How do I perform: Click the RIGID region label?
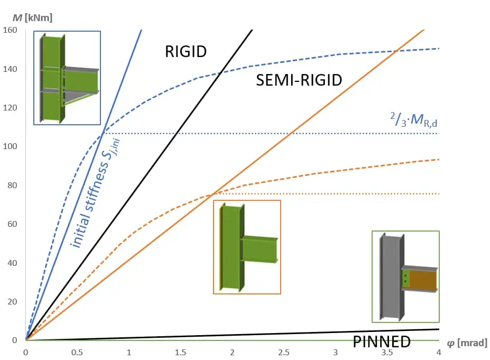(x=186, y=52)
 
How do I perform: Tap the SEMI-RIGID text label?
(x=299, y=80)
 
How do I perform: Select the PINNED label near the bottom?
(x=382, y=341)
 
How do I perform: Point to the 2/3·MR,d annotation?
(x=413, y=119)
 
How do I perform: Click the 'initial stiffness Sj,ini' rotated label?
(x=95, y=193)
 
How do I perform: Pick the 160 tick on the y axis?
(x=10, y=30)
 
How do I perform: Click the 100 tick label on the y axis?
(x=10, y=146)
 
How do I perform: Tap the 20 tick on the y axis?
(x=12, y=301)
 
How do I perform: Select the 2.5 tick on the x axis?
(x=283, y=353)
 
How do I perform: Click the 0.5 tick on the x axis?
(x=77, y=353)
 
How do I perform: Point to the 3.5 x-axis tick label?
(x=387, y=353)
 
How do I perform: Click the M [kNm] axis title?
(x=32, y=18)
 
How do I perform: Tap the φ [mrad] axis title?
(x=467, y=343)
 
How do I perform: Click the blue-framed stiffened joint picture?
(x=67, y=78)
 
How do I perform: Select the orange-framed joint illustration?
(x=247, y=247)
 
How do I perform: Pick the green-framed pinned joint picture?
(x=405, y=276)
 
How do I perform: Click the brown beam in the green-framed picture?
(x=422, y=279)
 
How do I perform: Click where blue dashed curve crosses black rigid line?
(x=220, y=73)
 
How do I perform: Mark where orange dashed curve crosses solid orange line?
(x=214, y=195)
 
